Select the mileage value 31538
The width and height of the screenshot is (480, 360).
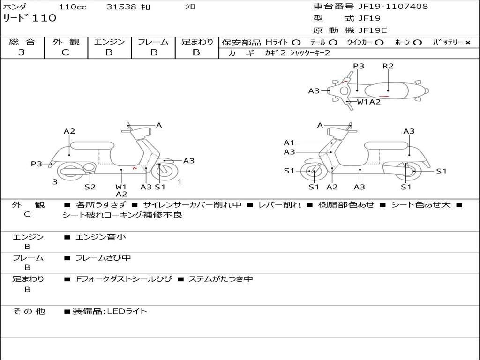pyautogui.click(x=121, y=7)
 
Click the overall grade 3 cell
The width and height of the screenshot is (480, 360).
pyautogui.click(x=22, y=52)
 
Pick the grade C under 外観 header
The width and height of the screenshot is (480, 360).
pyautogui.click(x=65, y=52)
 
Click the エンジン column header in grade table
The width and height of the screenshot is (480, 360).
pyautogui.click(x=109, y=42)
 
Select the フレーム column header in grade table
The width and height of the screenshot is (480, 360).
pyautogui.click(x=153, y=42)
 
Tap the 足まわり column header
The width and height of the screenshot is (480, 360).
pyautogui.click(x=197, y=42)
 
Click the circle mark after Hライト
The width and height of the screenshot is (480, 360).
pyautogui.click(x=296, y=43)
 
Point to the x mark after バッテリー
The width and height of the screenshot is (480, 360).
pyautogui.click(x=467, y=43)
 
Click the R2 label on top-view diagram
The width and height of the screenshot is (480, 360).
pyautogui.click(x=388, y=66)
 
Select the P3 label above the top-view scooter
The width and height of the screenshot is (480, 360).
pyautogui.click(x=359, y=66)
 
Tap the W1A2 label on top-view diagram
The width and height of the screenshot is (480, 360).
pyautogui.click(x=368, y=102)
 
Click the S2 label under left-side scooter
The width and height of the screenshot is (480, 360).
pyautogui.click(x=90, y=187)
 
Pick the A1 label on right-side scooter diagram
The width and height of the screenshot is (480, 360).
pyautogui.click(x=289, y=142)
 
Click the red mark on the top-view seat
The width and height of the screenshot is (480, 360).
pyautogui.click(x=383, y=96)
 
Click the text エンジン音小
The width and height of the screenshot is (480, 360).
pyautogui.click(x=101, y=237)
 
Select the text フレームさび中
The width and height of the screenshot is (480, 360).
pyautogui.click(x=103, y=258)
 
